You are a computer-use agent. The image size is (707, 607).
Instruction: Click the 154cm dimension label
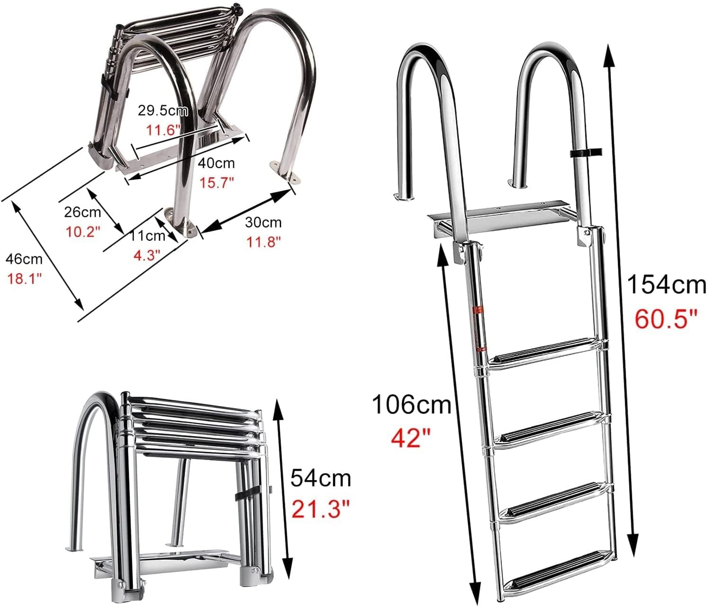tap(666, 285)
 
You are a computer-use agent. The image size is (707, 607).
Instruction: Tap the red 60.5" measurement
tap(666, 319)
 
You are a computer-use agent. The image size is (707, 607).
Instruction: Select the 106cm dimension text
tap(411, 405)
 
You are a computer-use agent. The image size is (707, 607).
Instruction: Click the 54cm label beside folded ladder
tap(320, 478)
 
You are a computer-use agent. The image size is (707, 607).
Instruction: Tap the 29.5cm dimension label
tap(163, 111)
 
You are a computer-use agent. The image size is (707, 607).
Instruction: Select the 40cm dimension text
tap(216, 163)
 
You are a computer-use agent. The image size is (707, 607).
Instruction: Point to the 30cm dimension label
tap(263, 222)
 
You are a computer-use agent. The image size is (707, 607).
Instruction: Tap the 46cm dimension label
tap(24, 259)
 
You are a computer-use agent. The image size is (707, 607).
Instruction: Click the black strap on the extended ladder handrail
tap(585, 153)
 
